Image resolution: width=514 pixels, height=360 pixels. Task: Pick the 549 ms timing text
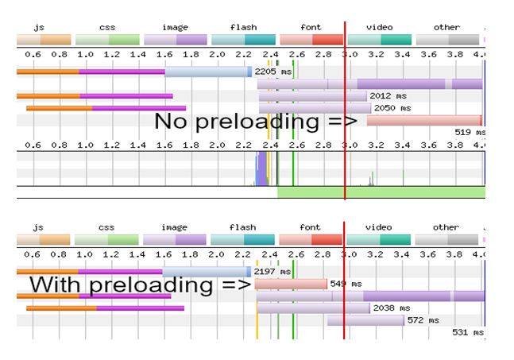tap(346, 284)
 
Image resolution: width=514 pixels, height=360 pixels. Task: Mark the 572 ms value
tap(423, 320)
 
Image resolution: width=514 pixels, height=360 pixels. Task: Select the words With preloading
tap(131, 285)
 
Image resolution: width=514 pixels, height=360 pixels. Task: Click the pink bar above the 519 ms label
tap(423, 121)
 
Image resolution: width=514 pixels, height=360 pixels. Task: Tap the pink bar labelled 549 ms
tap(291, 284)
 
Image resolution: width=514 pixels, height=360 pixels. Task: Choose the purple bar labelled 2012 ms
tap(312, 96)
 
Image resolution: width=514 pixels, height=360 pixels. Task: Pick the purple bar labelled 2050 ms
tap(315, 108)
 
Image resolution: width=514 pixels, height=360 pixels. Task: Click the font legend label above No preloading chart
tap(312, 27)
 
